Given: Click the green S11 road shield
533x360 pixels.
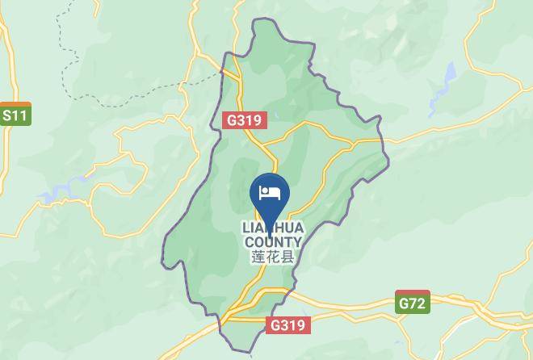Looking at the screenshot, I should (x=15, y=115).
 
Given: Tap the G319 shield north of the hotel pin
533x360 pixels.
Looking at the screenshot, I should (x=244, y=120).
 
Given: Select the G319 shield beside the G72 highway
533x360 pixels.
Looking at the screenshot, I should (x=287, y=325).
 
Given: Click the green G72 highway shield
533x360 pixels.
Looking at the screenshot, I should (x=412, y=303).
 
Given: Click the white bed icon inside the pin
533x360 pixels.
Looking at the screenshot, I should (x=270, y=192).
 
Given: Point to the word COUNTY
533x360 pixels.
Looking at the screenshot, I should (x=273, y=242).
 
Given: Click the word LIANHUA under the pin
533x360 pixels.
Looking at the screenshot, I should (x=273, y=228).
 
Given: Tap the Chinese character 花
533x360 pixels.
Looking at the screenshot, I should (x=273, y=257).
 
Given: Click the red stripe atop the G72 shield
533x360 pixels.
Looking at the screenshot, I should (x=412, y=294).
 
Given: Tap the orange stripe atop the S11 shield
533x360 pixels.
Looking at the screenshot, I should (x=15, y=105).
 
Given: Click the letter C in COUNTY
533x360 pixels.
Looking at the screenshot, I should (x=249, y=242).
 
